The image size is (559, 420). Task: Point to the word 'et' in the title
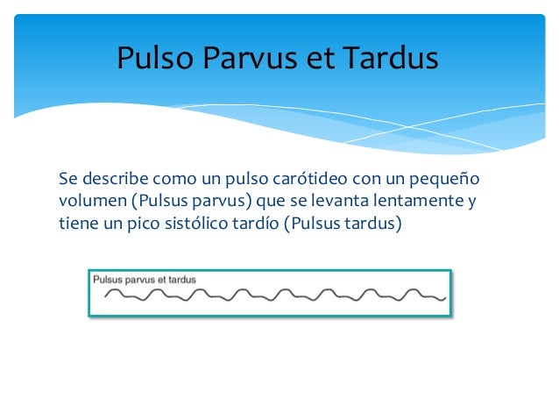[319, 59]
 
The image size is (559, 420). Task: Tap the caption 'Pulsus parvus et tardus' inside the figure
[145, 280]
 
